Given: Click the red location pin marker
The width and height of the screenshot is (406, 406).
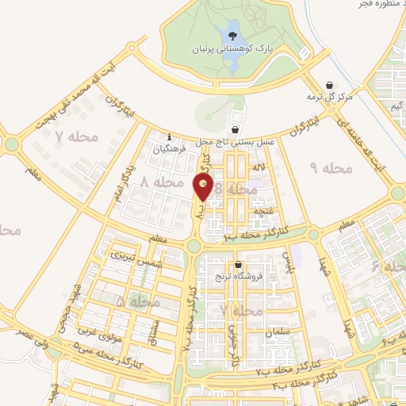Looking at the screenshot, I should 203,187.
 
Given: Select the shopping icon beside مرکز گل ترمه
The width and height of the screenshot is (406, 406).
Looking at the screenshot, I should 330,85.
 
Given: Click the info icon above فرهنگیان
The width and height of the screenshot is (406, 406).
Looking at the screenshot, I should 168,136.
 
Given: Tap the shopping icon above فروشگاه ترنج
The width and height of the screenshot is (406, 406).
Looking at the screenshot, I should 238,265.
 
